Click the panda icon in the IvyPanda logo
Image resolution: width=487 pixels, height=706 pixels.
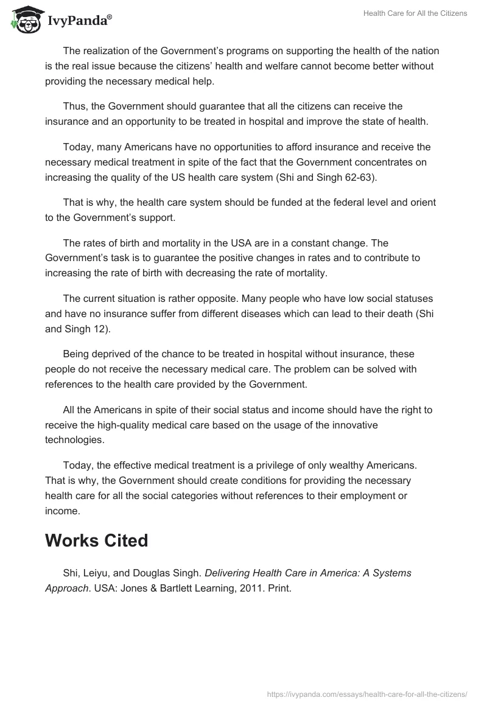pyautogui.click(x=24, y=20)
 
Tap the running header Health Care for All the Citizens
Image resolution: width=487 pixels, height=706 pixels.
pyautogui.click(x=415, y=13)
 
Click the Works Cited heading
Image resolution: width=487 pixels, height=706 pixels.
pyautogui.click(x=96, y=540)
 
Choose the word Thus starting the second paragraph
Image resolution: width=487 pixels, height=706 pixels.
pyautogui.click(x=74, y=106)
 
